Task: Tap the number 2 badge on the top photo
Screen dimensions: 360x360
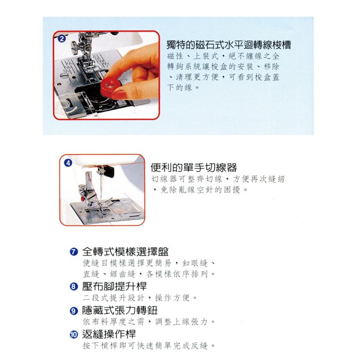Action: tap(61, 39)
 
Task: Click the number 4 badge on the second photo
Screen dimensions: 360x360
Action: tap(68, 163)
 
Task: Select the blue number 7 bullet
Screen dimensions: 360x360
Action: tap(74, 252)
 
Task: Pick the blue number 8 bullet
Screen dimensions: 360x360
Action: tap(74, 286)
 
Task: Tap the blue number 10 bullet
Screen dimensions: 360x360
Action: tap(74, 335)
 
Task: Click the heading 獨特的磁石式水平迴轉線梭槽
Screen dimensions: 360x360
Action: tap(229, 45)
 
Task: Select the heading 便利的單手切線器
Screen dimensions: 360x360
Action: tap(194, 168)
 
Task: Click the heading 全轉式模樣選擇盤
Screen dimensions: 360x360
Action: tap(125, 252)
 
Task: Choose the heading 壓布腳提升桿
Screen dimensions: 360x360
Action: tap(114, 286)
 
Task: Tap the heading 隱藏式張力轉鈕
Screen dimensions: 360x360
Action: tap(120, 311)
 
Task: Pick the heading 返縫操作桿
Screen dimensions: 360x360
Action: tap(109, 335)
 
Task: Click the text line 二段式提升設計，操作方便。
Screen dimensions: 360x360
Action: tap(140, 298)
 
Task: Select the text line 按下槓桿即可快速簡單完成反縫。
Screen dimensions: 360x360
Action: tap(149, 345)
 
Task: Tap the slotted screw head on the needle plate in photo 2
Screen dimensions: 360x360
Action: tap(64, 75)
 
